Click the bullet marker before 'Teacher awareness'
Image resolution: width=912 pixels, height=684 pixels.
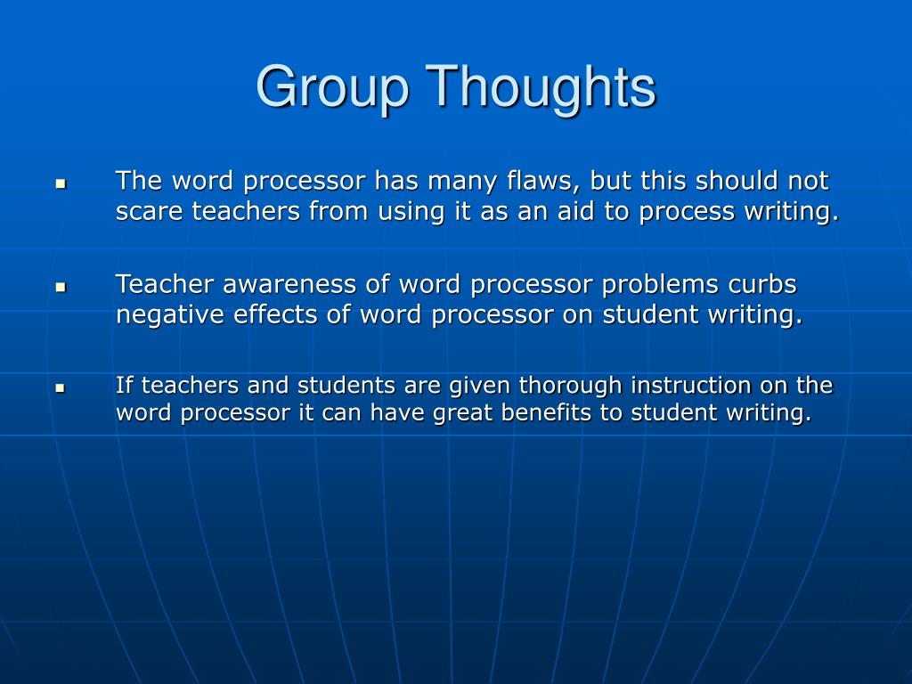coord(61,288)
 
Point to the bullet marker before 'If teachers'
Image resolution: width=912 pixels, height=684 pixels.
coord(61,388)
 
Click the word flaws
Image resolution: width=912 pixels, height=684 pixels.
coord(536,182)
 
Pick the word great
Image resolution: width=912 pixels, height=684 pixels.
coord(462,414)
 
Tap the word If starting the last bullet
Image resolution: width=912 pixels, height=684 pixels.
coord(124,386)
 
